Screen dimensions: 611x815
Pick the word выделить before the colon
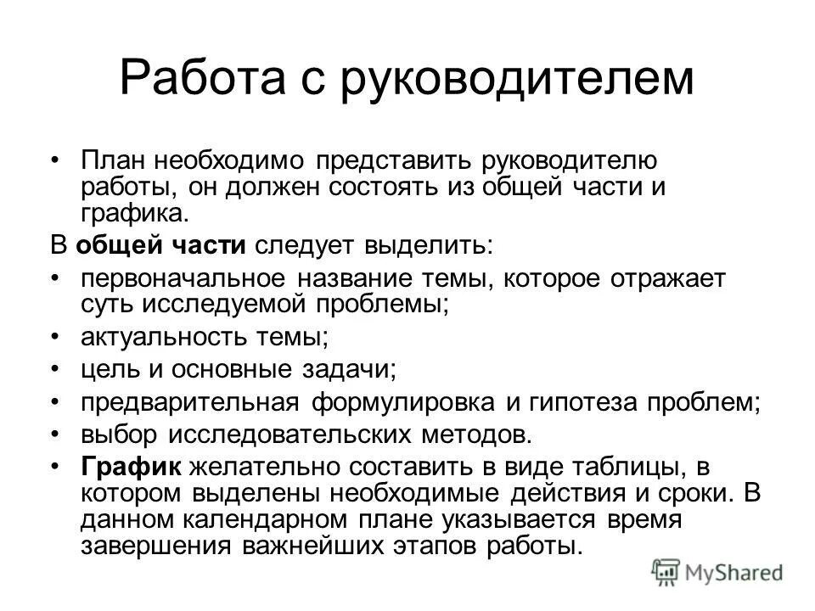coord(427,246)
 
